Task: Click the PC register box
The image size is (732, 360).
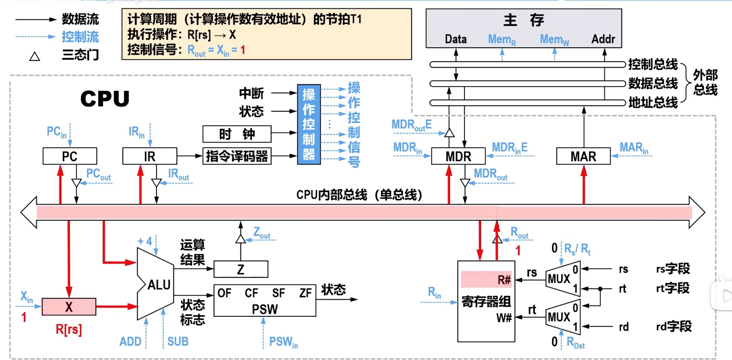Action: tap(70, 156)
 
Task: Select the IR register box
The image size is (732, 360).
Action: tap(150, 156)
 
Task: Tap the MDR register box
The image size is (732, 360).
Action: tap(458, 156)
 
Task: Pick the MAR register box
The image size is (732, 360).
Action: tap(583, 156)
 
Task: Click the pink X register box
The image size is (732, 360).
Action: tap(69, 307)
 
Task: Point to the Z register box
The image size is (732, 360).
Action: tap(241, 269)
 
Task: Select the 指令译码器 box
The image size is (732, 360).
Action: tap(237, 156)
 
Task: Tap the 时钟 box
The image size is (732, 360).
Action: tap(237, 134)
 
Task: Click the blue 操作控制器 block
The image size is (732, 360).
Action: tap(309, 125)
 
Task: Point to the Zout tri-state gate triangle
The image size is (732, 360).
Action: tap(241, 239)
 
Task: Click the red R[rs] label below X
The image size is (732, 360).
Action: tap(69, 329)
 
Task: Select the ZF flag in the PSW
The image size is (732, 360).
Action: tap(305, 293)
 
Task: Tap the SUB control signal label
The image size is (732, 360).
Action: tap(178, 341)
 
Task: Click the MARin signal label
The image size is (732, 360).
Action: tap(634, 148)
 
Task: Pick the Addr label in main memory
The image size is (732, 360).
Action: tap(603, 39)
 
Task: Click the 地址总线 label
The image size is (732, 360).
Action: tap(653, 103)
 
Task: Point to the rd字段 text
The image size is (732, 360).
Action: tap(673, 326)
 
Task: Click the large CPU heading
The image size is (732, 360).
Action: tap(105, 99)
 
